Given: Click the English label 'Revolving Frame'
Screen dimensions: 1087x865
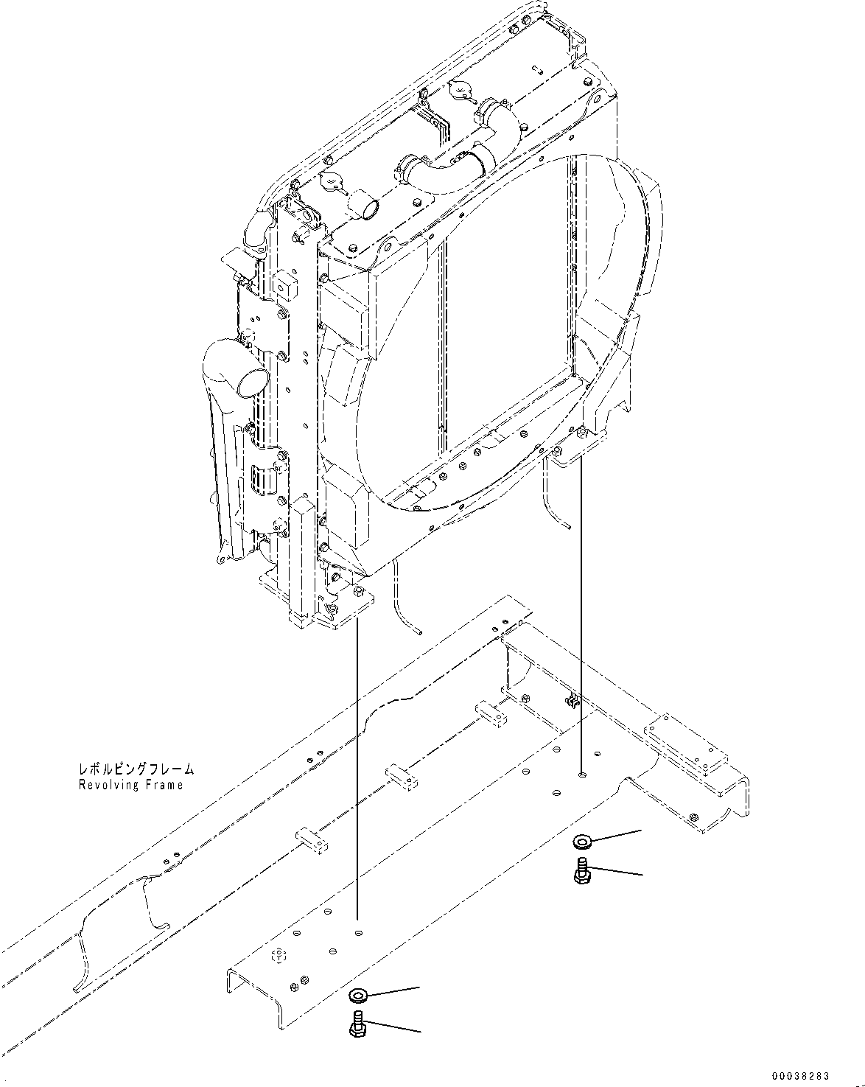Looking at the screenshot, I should tap(130, 785).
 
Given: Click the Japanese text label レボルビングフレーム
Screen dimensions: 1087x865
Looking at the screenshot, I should tap(136, 769).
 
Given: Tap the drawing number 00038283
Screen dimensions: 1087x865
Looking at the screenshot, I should tap(818, 1075).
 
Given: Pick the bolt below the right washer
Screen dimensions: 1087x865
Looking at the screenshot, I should tap(580, 870).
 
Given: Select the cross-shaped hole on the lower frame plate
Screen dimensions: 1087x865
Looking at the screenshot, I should tap(279, 955).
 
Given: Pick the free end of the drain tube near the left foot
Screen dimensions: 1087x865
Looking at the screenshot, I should tap(419, 631).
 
